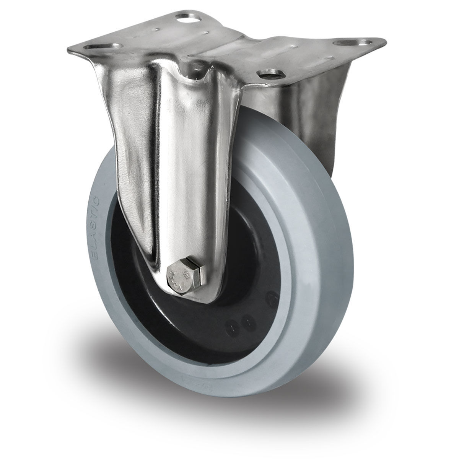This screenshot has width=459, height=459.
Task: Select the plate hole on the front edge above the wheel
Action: tap(265, 74)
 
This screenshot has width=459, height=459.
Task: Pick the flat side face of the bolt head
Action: tap(199, 275)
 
